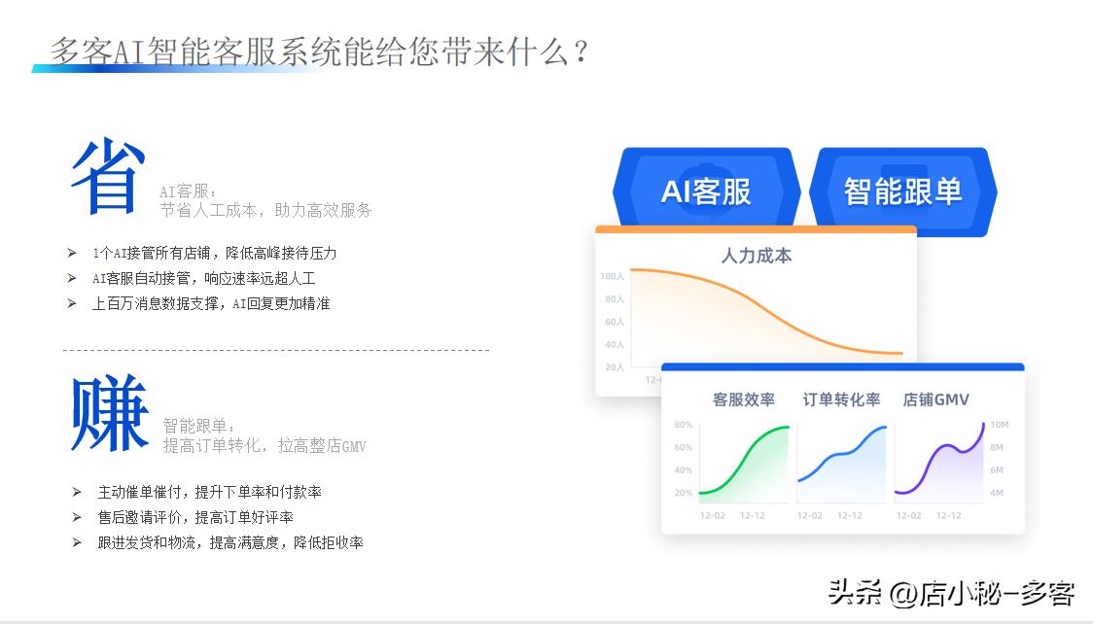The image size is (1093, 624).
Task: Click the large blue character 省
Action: point(108,177)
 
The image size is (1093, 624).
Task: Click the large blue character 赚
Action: point(109,415)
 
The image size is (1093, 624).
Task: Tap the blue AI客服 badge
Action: point(706,191)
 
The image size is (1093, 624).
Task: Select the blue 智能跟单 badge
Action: point(902,191)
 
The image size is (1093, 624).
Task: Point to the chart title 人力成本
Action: point(756,256)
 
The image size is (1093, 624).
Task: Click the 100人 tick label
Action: point(612,276)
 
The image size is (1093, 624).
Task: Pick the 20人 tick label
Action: point(615,367)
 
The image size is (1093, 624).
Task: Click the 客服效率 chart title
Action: point(743,399)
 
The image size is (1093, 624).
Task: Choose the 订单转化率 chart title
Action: point(841,399)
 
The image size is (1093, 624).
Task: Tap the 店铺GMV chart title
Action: point(935,399)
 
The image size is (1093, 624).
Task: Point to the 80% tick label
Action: point(683,425)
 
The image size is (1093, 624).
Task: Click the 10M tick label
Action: point(999,425)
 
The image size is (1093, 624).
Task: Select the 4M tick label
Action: point(997,493)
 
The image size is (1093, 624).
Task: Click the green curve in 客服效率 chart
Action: point(745,462)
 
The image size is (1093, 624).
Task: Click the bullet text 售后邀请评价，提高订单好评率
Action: point(195,517)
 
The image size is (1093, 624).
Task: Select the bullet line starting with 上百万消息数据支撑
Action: point(211,303)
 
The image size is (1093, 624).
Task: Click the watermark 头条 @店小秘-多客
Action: point(950,591)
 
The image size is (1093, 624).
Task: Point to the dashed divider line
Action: point(276,350)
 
